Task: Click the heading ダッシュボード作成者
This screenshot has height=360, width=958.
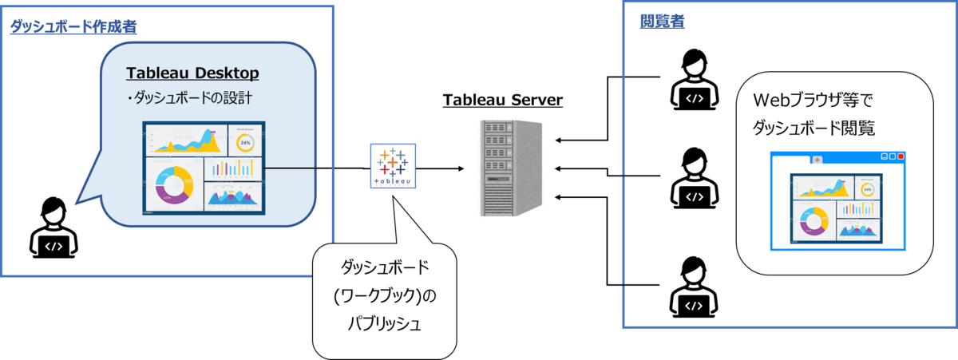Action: click(73, 26)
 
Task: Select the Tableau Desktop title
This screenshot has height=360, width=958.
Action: click(192, 73)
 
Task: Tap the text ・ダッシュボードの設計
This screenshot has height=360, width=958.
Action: click(189, 98)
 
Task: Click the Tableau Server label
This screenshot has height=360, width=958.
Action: click(502, 100)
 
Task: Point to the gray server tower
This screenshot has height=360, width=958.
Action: click(511, 168)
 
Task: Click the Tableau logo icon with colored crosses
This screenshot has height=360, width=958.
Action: click(393, 166)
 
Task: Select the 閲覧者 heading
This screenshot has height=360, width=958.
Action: click(662, 21)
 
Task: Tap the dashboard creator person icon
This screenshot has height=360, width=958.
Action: click(53, 227)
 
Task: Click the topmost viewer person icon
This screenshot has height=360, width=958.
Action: click(694, 80)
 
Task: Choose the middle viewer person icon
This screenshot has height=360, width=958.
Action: click(694, 178)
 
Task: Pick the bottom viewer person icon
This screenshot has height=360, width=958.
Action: click(694, 287)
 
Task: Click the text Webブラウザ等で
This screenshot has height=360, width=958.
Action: click(813, 101)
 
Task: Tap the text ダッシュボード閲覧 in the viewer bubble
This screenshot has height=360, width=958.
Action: click(814, 128)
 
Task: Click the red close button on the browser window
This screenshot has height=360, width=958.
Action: click(901, 156)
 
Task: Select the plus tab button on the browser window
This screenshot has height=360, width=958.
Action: click(817, 160)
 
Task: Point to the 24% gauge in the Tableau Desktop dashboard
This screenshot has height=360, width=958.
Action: click(246, 143)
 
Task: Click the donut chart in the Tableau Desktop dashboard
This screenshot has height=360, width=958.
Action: click(174, 184)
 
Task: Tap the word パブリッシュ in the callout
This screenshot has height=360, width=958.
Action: click(385, 323)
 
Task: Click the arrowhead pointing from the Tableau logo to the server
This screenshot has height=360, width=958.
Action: click(461, 168)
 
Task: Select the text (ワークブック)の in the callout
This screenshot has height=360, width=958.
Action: click(385, 295)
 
